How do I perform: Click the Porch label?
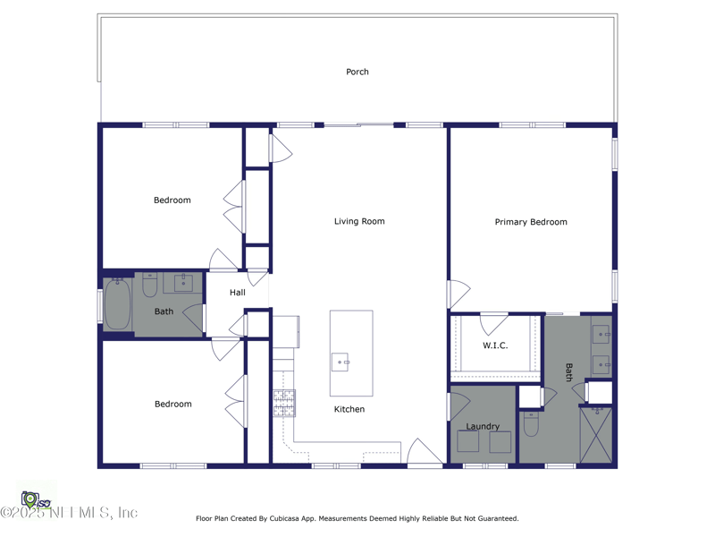coord(357,72)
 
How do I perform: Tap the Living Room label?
coord(359,221)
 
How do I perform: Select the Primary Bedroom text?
coord(531,222)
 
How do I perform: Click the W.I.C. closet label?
coord(495,345)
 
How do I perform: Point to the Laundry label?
coord(483,427)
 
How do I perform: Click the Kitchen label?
coord(349,409)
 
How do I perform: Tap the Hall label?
coord(237,293)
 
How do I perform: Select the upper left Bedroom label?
coord(172,200)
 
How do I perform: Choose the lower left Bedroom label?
coord(173,405)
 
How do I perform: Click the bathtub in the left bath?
coord(118,304)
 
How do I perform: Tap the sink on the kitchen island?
coord(341,362)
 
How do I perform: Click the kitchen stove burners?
coord(284,404)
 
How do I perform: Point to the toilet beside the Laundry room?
coord(531,424)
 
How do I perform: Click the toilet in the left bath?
coord(150,285)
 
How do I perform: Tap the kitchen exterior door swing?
coord(423,453)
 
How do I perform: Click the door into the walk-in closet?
coord(494,322)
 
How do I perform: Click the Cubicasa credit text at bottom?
coord(357,518)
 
